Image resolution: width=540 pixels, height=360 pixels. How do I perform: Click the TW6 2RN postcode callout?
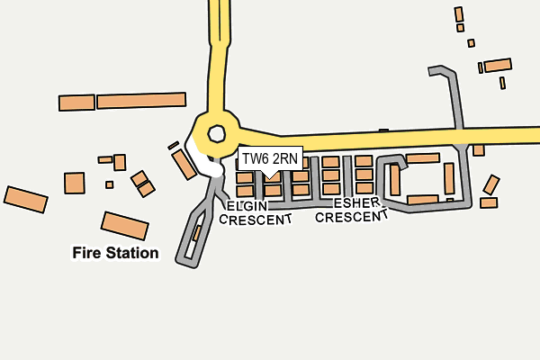270,158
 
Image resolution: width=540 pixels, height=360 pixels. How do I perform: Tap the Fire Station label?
115,253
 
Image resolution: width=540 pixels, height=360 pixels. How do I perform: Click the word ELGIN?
247,206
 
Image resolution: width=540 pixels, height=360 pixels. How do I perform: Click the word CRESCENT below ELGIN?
256,220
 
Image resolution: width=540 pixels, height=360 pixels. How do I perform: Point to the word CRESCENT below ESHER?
351,217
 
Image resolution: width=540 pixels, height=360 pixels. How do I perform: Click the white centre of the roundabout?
217,134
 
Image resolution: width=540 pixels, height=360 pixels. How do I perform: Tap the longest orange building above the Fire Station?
141,100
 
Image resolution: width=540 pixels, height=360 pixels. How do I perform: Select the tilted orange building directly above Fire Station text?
125,226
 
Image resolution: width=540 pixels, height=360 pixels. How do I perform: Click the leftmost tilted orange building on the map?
26,200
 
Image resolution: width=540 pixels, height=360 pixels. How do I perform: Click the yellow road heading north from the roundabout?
219,55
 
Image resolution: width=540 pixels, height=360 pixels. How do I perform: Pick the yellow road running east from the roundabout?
389,139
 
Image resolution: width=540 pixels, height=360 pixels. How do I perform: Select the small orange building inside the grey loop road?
196,233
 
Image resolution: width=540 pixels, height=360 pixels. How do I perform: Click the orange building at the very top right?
459,14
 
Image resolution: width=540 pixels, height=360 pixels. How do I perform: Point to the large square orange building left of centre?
75,183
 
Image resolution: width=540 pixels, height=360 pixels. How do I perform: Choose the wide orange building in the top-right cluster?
498,65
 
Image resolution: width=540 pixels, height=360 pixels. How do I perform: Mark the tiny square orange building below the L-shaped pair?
110,184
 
